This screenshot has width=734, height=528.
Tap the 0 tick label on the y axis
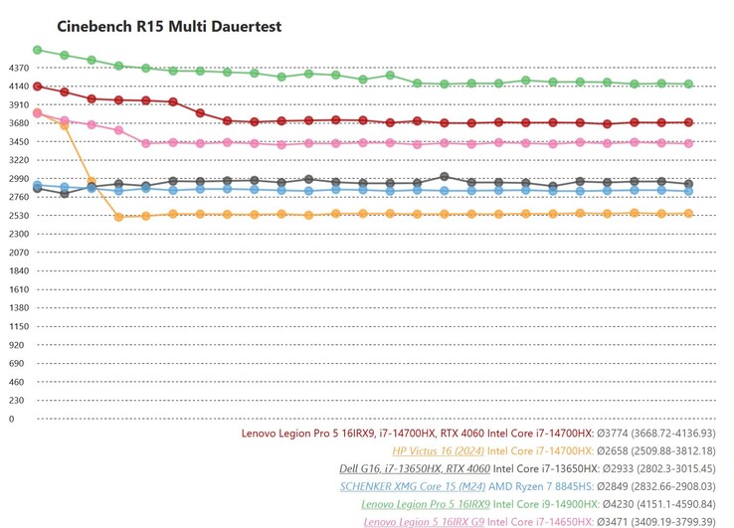point(12,419)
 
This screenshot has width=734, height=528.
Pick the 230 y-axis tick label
point(17,400)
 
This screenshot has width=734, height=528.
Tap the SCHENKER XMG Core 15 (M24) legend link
point(413,486)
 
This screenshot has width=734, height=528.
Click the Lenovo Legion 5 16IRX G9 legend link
point(422,521)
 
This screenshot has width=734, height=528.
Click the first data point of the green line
point(37,49)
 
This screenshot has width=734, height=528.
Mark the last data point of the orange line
point(688,214)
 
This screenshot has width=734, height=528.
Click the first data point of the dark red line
point(37,87)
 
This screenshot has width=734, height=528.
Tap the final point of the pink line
point(688,143)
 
